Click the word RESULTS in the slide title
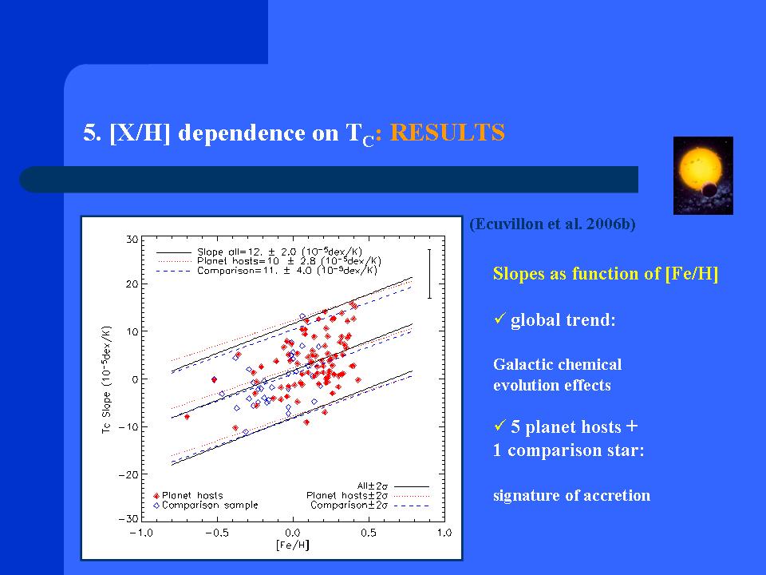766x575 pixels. click(x=447, y=133)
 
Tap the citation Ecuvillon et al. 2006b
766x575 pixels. click(x=552, y=224)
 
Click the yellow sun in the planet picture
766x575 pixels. click(x=700, y=169)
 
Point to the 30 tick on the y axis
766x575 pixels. click(x=132, y=240)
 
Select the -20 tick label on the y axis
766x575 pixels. click(x=128, y=474)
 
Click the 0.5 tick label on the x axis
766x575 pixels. click(x=369, y=533)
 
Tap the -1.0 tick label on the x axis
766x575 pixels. click(x=141, y=533)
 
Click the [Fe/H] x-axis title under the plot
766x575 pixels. click(x=293, y=545)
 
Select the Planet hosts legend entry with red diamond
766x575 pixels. click(x=188, y=495)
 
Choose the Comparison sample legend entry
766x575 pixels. click(x=206, y=505)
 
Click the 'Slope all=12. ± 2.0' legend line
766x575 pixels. click(x=259, y=252)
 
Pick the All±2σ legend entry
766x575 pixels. click(x=393, y=486)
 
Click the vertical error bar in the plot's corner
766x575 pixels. click(x=429, y=274)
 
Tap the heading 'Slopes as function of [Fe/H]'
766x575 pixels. click(x=606, y=274)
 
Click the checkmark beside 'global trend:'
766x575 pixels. click(x=499, y=319)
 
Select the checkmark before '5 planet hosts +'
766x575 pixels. click(x=499, y=426)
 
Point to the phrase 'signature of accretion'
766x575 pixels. click(x=571, y=495)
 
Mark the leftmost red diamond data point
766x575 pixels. click(x=187, y=417)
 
